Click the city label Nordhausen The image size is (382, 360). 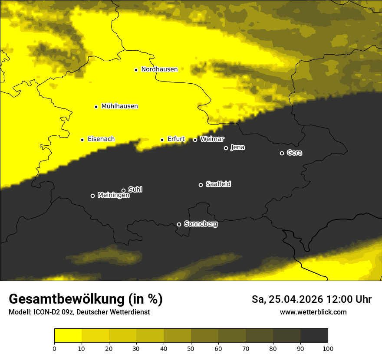[159, 69]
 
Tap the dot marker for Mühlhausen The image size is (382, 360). [96, 107]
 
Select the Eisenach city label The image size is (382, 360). [101, 139]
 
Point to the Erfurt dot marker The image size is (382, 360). [162, 140]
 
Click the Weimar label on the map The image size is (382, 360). [212, 139]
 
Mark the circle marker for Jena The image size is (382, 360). [226, 148]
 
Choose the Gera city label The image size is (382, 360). [294, 153]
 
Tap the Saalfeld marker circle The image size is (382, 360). [201, 185]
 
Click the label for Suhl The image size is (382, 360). [135, 190]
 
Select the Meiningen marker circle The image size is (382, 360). [92, 196]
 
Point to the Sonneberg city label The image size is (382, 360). [201, 224]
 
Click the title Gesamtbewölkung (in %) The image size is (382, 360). [86, 299]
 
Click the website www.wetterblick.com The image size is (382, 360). [313, 312]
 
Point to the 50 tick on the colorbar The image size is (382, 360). [191, 348]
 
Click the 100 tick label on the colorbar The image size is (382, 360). [328, 348]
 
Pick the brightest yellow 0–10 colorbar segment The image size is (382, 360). [68, 336]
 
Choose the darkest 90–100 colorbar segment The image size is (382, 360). [314, 336]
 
